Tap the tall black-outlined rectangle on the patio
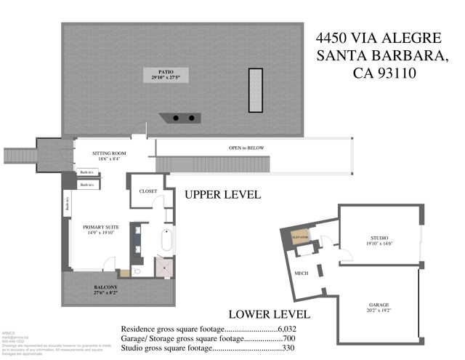pyautogui.click(x=256, y=90)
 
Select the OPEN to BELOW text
pyautogui.click(x=246, y=148)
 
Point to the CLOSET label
pyautogui.click(x=148, y=191)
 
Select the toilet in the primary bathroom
pyautogui.click(x=125, y=273)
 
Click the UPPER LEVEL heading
pyautogui.click(x=222, y=196)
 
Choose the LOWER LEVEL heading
pyautogui.click(x=269, y=315)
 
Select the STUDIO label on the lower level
pyautogui.click(x=379, y=238)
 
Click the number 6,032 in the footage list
pyautogui.click(x=299, y=328)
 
